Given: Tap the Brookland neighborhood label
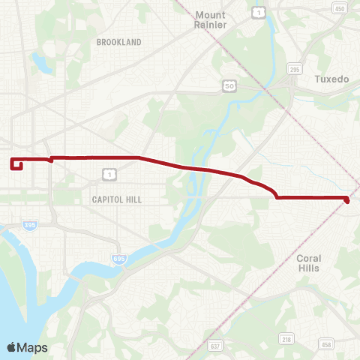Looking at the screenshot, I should (118, 43).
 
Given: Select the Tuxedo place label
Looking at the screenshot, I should (331, 79).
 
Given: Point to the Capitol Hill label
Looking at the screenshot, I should (116, 199).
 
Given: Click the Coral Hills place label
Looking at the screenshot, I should (308, 262).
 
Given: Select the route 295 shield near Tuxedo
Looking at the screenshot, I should (294, 68).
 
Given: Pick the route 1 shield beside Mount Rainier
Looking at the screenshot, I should (258, 12).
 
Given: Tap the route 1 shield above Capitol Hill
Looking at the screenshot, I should (109, 175).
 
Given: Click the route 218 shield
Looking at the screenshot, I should (287, 340).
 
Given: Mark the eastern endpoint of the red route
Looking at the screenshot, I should (346, 199).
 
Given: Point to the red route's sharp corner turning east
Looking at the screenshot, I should (277, 197).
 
